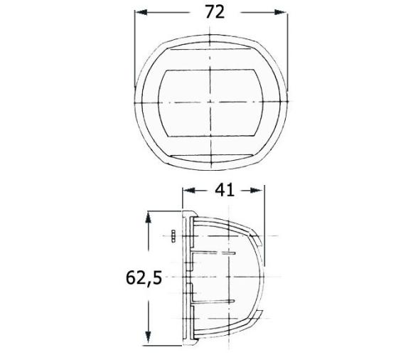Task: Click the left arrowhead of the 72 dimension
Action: (139, 13)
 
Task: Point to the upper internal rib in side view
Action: (213, 252)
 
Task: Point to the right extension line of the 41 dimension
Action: (264, 221)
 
